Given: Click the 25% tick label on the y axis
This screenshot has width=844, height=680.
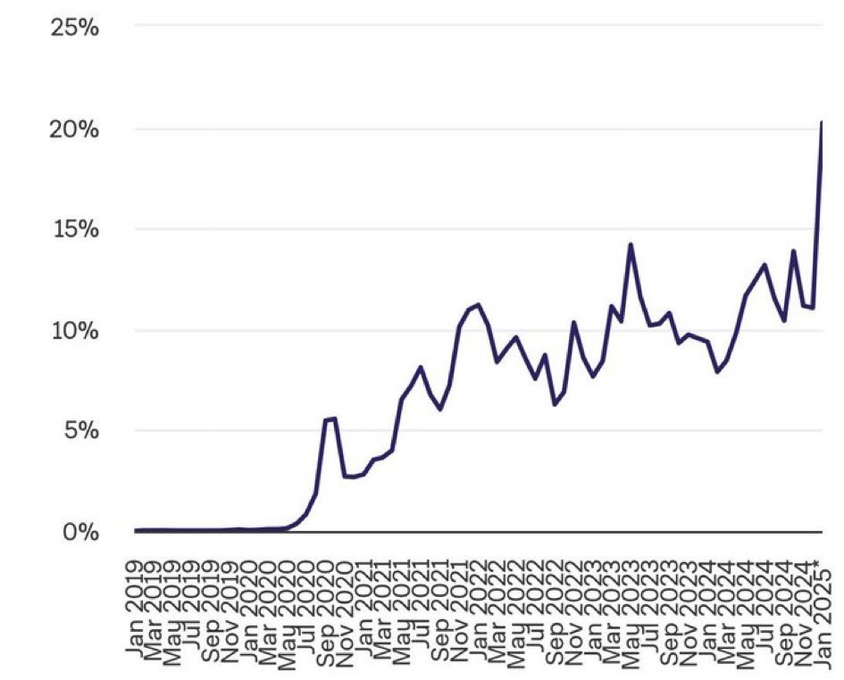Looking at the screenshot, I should (75, 27).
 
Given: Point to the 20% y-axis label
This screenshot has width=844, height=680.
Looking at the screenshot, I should (75, 129).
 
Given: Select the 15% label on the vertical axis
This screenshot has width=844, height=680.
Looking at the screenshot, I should (75, 230).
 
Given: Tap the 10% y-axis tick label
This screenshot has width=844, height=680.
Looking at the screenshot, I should (75, 331).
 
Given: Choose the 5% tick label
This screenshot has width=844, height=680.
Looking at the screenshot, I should (80, 431).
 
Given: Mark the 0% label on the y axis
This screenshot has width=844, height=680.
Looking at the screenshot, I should (80, 532).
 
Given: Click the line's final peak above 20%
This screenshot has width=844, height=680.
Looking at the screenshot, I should (822, 122).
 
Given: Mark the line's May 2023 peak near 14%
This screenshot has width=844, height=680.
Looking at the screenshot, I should (631, 244).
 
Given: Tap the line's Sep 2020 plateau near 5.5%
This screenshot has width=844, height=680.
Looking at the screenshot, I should (330, 419).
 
